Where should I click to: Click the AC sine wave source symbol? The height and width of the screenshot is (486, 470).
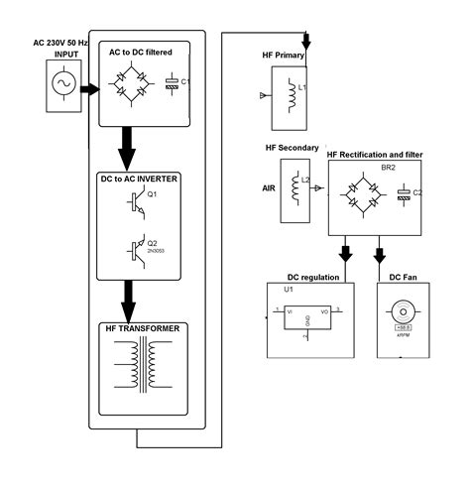(60, 87)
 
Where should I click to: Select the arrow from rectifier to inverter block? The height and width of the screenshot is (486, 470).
(127, 147)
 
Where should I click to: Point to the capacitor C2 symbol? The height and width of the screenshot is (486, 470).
(404, 195)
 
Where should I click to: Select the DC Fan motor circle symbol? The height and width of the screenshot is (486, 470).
(404, 309)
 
